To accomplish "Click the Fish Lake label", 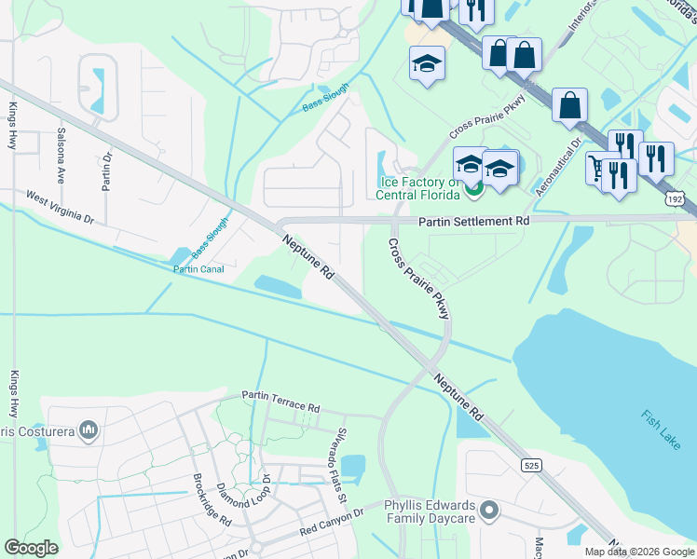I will pyautogui.click(x=661, y=430).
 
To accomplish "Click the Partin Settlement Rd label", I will pyautogui.click(x=473, y=222).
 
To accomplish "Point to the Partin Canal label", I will pyautogui.click(x=198, y=269).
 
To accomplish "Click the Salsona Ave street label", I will pyautogui.click(x=61, y=155).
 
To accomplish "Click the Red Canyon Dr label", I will pyautogui.click(x=331, y=521).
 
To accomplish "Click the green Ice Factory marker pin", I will pyautogui.click(x=473, y=191).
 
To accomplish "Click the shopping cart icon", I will pyautogui.click(x=596, y=169).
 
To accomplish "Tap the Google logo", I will pyautogui.click(x=32, y=548).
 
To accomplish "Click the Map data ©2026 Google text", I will pyautogui.click(x=639, y=552).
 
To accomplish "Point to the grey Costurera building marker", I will pyautogui.click(x=89, y=429).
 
